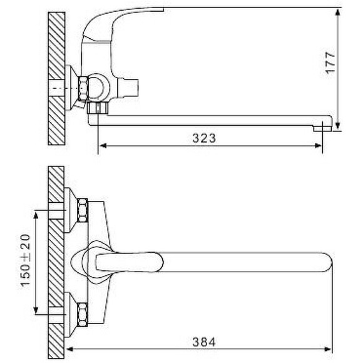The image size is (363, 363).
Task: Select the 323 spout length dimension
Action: (204, 139)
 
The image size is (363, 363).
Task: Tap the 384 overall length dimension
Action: (204, 342)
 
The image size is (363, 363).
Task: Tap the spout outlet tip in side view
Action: (322, 126)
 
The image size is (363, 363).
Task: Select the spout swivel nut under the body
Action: (99, 109)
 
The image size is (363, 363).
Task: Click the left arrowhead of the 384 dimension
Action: (71, 350)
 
